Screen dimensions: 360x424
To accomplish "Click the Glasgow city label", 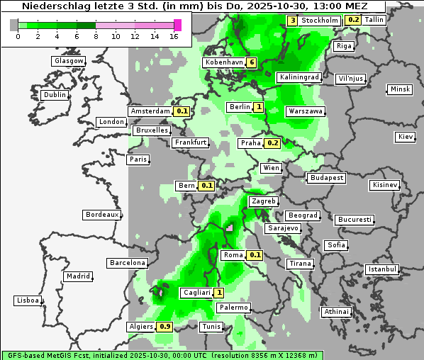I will click(x=69, y=61).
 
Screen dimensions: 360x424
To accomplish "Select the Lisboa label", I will click(x=27, y=300).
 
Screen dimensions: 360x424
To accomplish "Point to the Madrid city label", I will click(x=77, y=276).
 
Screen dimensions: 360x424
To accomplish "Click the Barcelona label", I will click(x=128, y=263).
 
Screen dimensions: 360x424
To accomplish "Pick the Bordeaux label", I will click(x=101, y=215).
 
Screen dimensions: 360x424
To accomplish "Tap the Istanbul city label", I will click(x=382, y=269).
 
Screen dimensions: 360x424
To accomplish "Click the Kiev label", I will click(x=406, y=137).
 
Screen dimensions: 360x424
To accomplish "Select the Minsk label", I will click(x=400, y=89).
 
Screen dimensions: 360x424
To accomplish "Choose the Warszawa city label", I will click(x=306, y=111).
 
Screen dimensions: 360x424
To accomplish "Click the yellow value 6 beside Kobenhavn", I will click(x=252, y=62).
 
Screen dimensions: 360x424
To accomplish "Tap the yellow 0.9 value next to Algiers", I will click(x=165, y=327).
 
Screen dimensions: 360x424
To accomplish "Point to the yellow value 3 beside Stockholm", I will click(x=293, y=21).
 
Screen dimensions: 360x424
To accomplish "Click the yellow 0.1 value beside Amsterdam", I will click(x=182, y=111).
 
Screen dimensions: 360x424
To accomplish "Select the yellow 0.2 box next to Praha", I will click(x=273, y=143).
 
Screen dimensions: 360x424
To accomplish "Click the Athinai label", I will click(x=336, y=312).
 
